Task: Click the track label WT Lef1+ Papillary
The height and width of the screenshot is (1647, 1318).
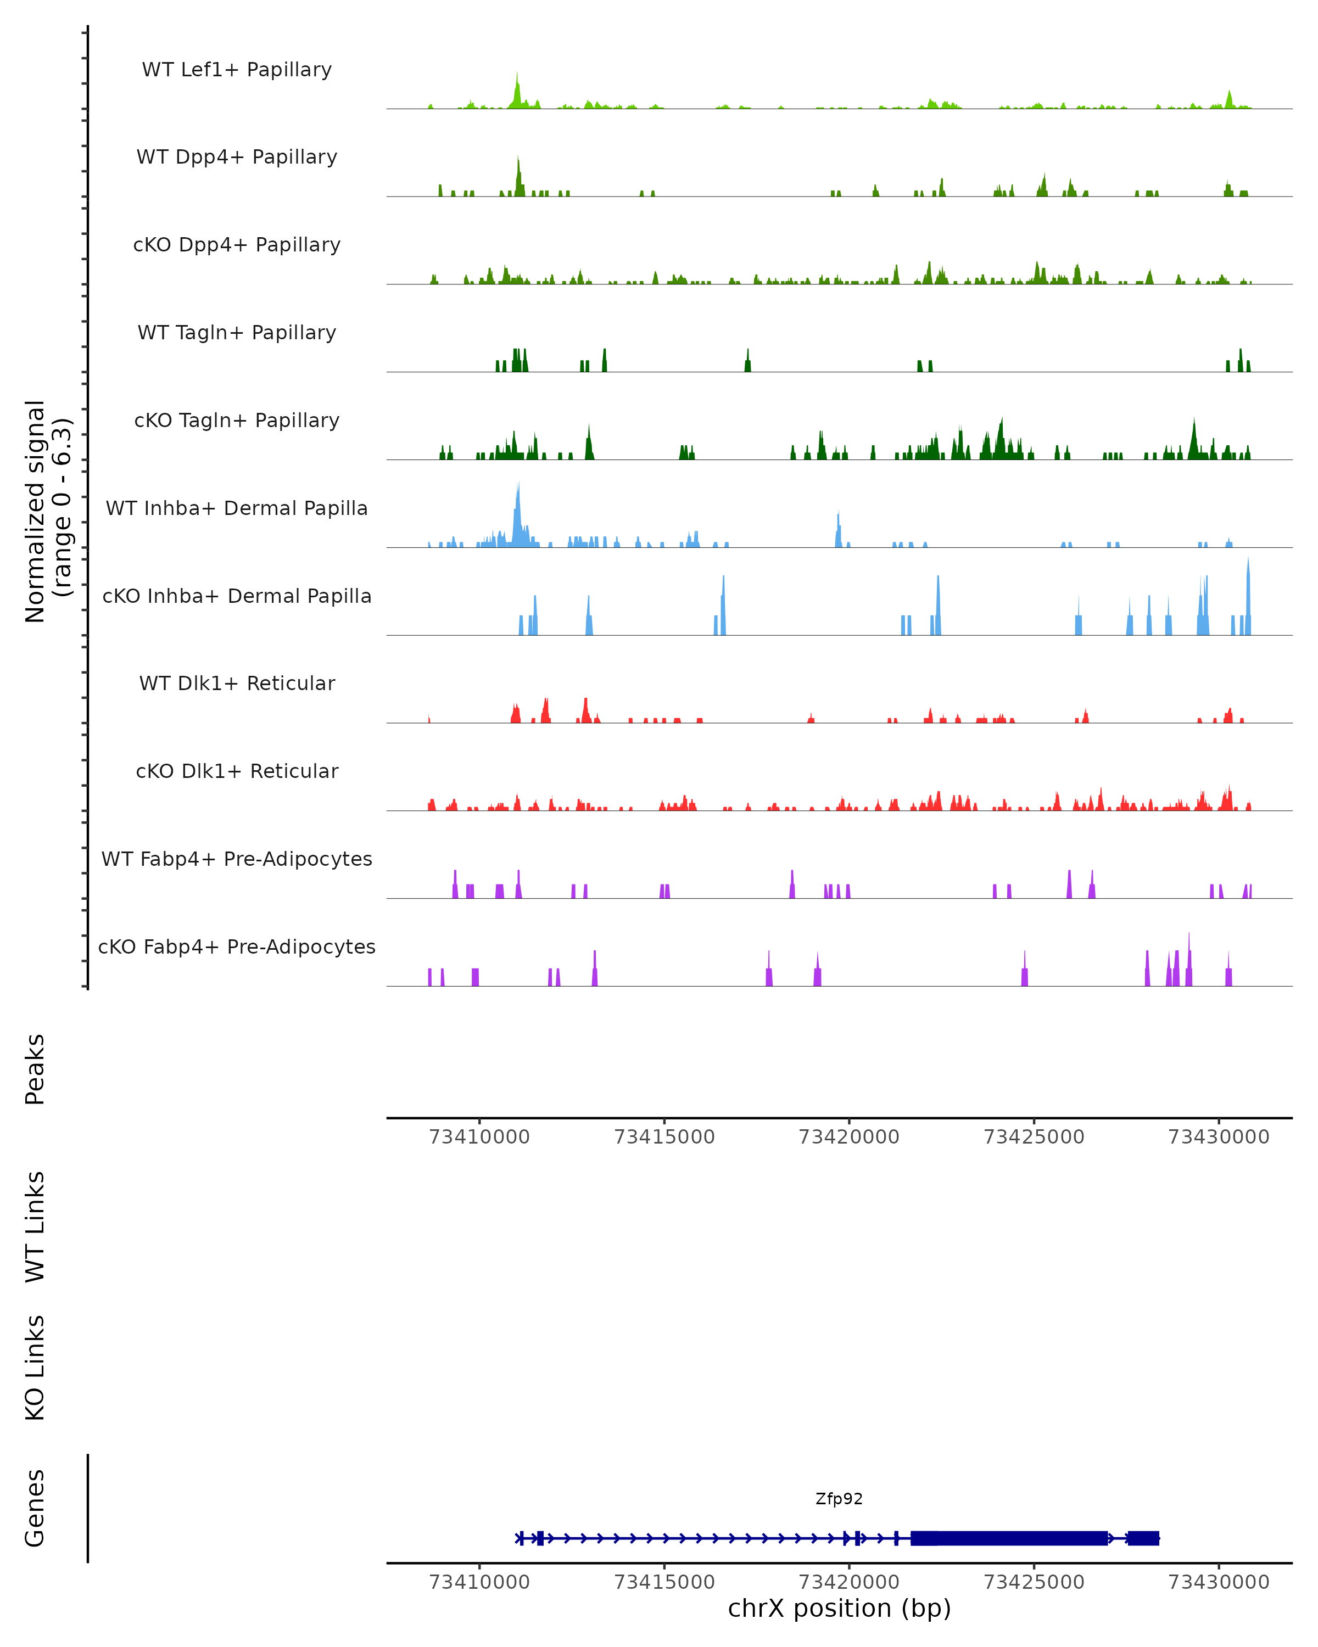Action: click(237, 70)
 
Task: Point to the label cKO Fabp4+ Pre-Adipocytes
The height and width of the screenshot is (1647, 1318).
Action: click(237, 946)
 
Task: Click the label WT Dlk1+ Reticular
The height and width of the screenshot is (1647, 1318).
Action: click(237, 683)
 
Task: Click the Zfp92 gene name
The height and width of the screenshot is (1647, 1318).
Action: click(839, 1499)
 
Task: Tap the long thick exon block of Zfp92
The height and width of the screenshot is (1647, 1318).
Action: click(1009, 1538)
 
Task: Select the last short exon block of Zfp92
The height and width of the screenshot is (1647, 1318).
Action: click(1143, 1538)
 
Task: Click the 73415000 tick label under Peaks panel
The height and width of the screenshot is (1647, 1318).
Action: click(664, 1137)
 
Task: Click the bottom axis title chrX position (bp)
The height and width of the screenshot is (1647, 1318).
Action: click(839, 1609)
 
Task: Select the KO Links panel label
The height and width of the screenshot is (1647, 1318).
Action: click(35, 1368)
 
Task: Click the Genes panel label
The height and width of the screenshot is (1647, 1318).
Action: click(35, 1508)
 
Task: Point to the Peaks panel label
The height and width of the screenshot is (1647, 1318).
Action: click(35, 1069)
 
